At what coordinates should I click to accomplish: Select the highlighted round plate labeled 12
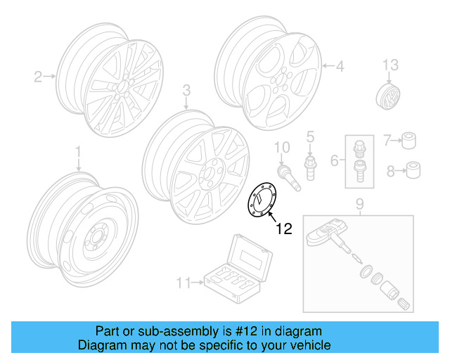[262, 201]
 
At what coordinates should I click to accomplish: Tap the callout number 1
[78, 151]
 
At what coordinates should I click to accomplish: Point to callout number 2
[39, 76]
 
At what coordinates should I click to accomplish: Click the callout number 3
[186, 90]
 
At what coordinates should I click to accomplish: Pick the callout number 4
[340, 67]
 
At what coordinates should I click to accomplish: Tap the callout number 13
[390, 65]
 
